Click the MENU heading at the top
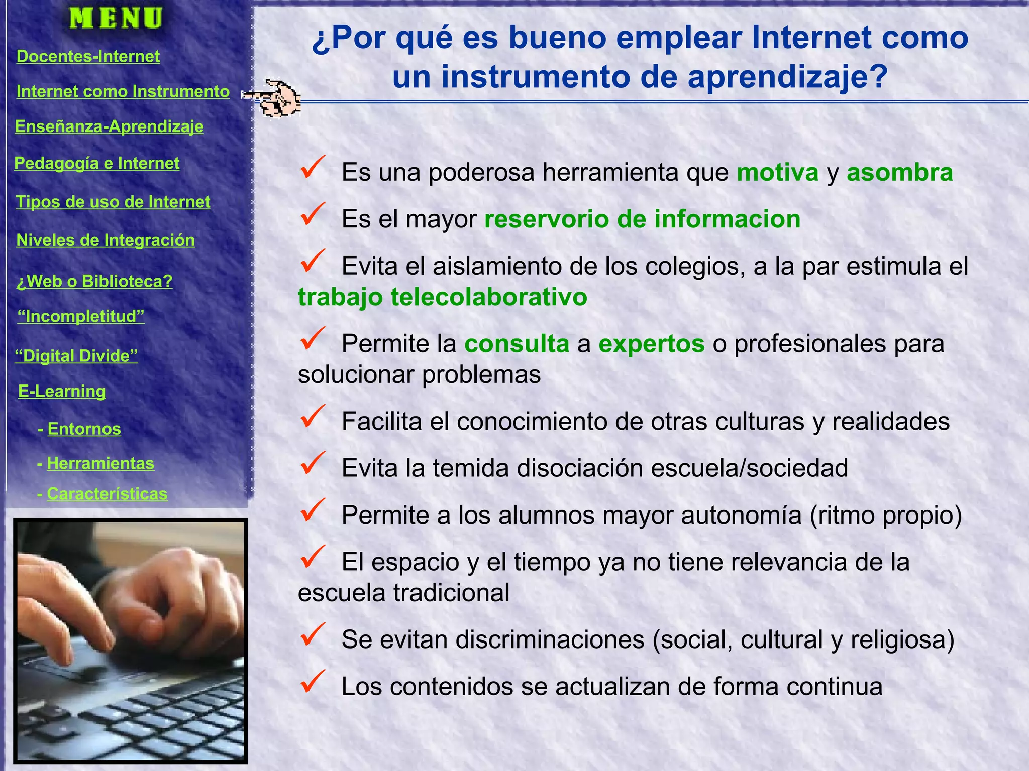pyautogui.click(x=116, y=18)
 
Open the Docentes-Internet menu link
pyautogui.click(x=88, y=56)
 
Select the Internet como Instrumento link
pyautogui.click(x=123, y=91)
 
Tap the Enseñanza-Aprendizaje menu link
pyautogui.click(x=109, y=126)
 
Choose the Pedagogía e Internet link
pyautogui.click(x=96, y=163)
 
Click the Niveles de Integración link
pyautogui.click(x=106, y=240)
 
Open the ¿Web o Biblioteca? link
pyautogui.click(x=94, y=281)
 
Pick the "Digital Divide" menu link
pyautogui.click(x=76, y=356)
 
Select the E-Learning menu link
pyautogui.click(x=62, y=391)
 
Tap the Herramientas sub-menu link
pyautogui.click(x=100, y=463)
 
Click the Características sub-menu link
pyautogui.click(x=107, y=494)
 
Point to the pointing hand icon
pyautogui.click(x=274, y=98)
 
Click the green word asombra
pyautogui.click(x=899, y=173)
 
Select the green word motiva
pyautogui.click(x=777, y=173)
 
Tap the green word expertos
pyautogui.click(x=651, y=344)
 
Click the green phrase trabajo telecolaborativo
pyautogui.click(x=442, y=297)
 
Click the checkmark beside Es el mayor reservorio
pyautogui.click(x=313, y=214)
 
